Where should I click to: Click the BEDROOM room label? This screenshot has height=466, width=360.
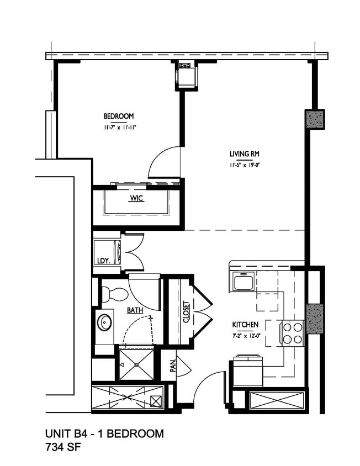(x=119, y=116)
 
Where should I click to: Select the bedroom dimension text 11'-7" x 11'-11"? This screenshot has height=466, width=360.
(x=119, y=127)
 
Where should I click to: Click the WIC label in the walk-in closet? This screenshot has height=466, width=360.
(x=136, y=198)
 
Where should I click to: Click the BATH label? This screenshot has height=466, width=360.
(x=135, y=310)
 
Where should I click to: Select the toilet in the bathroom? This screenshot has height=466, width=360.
(x=108, y=294)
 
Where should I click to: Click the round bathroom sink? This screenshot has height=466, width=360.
(x=104, y=322)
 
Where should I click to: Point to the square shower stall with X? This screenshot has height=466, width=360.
(x=136, y=364)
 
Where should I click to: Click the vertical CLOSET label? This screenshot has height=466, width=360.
(x=186, y=313)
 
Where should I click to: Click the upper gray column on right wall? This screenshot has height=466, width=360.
(x=315, y=119)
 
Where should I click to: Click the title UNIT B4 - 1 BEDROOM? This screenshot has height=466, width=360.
(x=104, y=434)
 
